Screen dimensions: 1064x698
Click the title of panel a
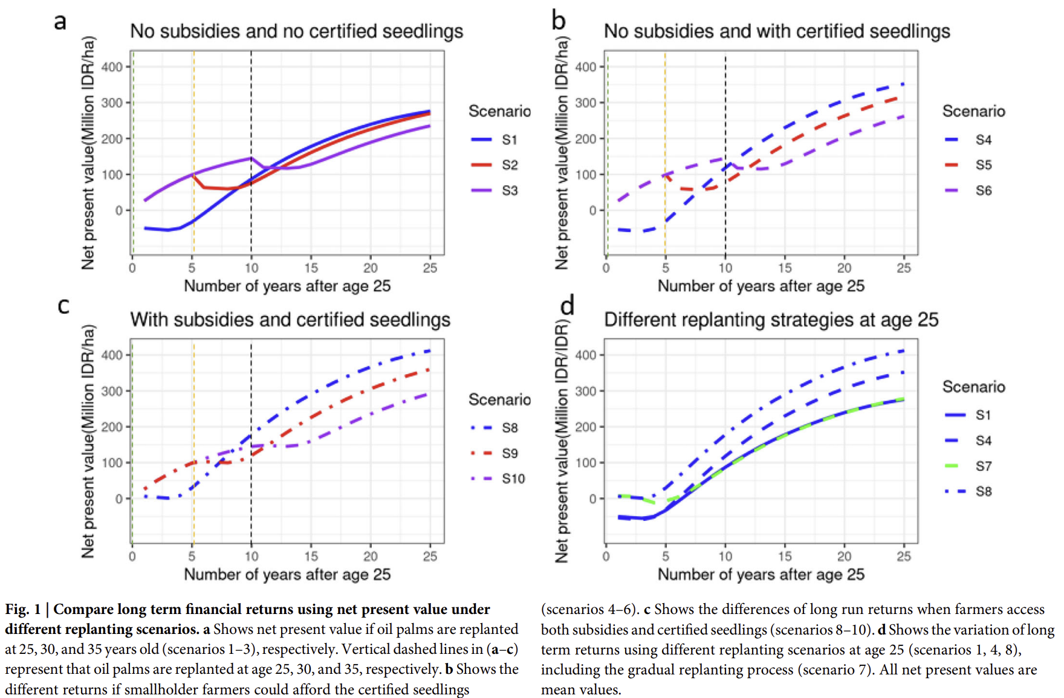[x=297, y=31]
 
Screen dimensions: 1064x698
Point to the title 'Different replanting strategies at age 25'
[x=771, y=320]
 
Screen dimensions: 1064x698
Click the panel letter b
[x=559, y=21]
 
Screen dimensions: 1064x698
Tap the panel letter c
[x=63, y=306]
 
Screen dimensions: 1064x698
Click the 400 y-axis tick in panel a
[x=112, y=66]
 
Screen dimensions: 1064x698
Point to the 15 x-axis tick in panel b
[x=785, y=268]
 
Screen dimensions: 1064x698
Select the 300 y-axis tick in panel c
[x=112, y=391]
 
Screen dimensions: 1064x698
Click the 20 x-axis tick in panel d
[x=844, y=556]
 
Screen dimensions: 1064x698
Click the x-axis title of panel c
[x=287, y=574]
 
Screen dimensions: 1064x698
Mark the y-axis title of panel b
[x=562, y=153]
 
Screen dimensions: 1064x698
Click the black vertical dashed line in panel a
[x=251, y=153]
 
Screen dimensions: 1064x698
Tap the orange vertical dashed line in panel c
[x=193, y=442]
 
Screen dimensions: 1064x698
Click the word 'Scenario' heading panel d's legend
[x=973, y=387]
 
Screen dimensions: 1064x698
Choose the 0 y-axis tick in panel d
[x=593, y=499]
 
